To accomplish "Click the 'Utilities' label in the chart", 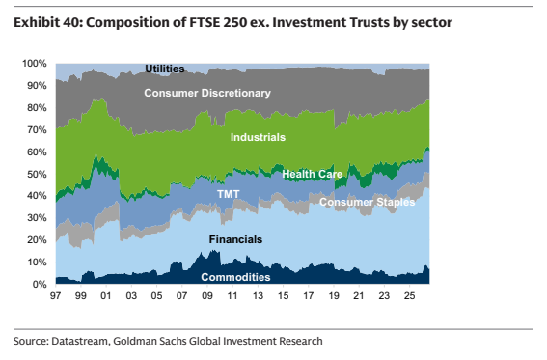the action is tap(165, 69).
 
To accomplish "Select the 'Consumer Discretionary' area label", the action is tap(207, 93).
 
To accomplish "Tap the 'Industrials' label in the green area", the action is tap(258, 137).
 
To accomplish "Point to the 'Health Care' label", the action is tap(313, 174).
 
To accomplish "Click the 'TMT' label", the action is tap(228, 194).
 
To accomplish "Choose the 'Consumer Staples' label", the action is tap(368, 202).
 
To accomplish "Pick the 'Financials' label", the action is tap(235, 239).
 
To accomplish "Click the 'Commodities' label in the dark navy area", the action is tap(235, 277).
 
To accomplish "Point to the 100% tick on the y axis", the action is tap(34, 64).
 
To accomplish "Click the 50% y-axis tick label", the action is tap(37, 174).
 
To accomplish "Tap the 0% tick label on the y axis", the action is tap(39, 285).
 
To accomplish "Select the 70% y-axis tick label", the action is tap(37, 129).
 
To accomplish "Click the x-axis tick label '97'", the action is tap(55, 295).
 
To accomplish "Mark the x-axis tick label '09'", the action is tap(207, 295).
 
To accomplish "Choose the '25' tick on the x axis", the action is tap(410, 295).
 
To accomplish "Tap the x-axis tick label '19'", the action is tap(334, 295).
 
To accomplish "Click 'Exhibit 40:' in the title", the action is tap(48, 22).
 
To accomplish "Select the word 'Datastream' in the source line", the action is tap(79, 341).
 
